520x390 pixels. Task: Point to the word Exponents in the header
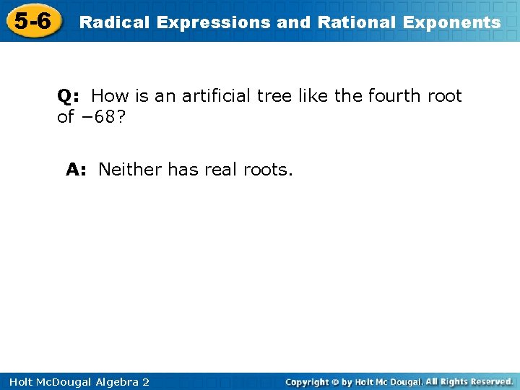[451, 22]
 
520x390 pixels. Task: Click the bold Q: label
[69, 96]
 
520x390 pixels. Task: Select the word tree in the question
[279, 96]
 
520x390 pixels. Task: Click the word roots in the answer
[267, 170]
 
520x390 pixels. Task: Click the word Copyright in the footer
[308, 382]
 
